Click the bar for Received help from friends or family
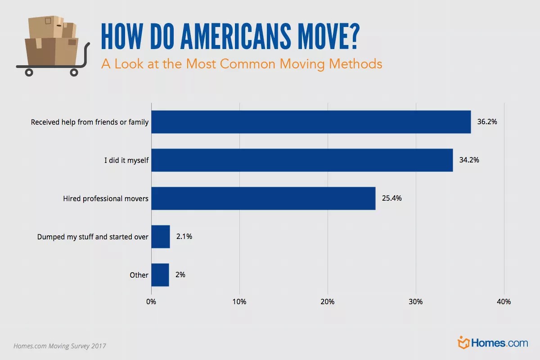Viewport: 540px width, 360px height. [x=311, y=122]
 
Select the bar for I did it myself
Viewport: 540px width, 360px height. [x=302, y=160]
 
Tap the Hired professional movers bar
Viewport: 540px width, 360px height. [x=263, y=198]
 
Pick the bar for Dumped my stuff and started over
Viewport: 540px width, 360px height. [x=161, y=236]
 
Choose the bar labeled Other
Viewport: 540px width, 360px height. [x=160, y=274]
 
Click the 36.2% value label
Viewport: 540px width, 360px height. [x=487, y=122]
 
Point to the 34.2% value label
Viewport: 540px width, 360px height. [x=469, y=160]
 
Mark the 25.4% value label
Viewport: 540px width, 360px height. [x=391, y=198]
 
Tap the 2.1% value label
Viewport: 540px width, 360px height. [x=184, y=236]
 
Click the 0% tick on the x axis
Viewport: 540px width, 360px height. [x=151, y=301]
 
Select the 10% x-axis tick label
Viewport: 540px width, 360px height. [x=239, y=301]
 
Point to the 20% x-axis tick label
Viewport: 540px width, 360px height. [x=328, y=301]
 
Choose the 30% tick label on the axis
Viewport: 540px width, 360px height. [x=416, y=301]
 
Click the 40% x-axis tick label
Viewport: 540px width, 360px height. [x=504, y=301]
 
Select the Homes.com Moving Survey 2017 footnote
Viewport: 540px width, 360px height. [x=60, y=346]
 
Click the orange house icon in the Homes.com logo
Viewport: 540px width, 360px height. [x=463, y=342]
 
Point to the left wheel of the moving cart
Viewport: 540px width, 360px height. [x=29, y=72]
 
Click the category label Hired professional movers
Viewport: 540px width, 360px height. [x=106, y=198]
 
